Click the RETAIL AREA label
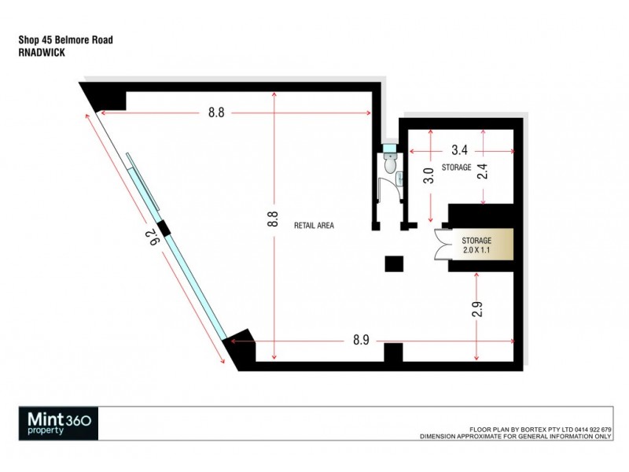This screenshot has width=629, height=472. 314,225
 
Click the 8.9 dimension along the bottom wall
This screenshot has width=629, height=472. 362,341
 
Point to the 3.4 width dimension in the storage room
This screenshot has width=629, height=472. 460,149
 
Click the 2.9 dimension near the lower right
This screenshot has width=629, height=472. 476,308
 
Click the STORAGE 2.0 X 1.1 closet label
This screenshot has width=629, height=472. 476,245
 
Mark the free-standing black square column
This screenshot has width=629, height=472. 393,264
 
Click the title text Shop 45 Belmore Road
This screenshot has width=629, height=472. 64,41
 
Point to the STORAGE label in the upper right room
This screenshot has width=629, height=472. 456,168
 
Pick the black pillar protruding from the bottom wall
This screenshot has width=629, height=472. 393,353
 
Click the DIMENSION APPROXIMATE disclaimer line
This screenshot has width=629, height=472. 516,435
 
